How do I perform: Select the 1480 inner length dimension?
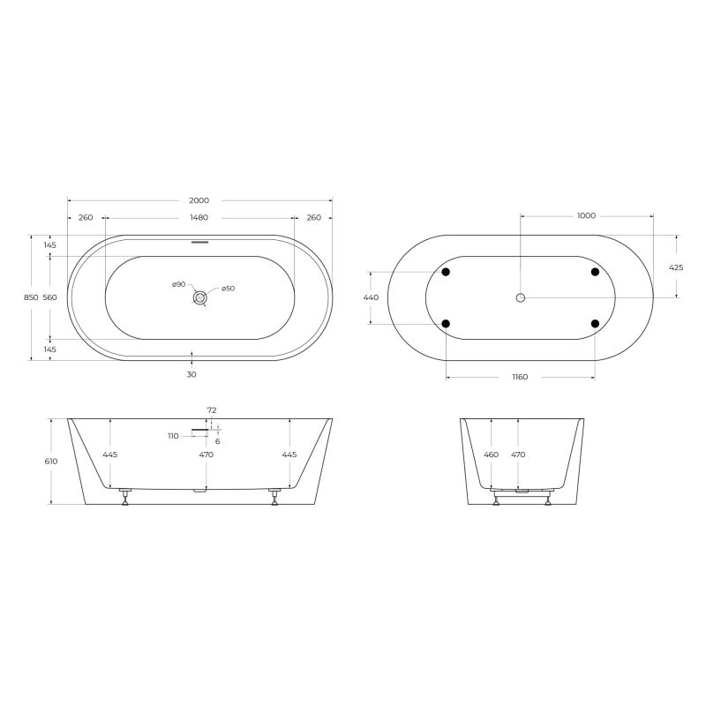[199, 217]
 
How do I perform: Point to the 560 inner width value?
[49, 298]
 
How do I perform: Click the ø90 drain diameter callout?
[178, 285]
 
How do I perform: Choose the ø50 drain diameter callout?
[227, 289]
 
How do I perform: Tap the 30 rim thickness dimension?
[192, 374]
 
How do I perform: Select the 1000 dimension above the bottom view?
[586, 215]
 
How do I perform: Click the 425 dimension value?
[676, 267]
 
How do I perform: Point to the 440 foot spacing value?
[371, 298]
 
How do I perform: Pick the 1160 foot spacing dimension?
[520, 378]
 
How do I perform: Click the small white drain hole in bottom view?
[521, 298]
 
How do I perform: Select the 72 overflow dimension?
[212, 410]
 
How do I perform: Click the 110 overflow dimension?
[173, 436]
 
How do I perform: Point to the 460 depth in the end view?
[492, 454]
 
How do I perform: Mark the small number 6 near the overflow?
[217, 441]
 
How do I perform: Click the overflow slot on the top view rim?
[200, 240]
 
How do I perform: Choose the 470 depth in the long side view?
[206, 454]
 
